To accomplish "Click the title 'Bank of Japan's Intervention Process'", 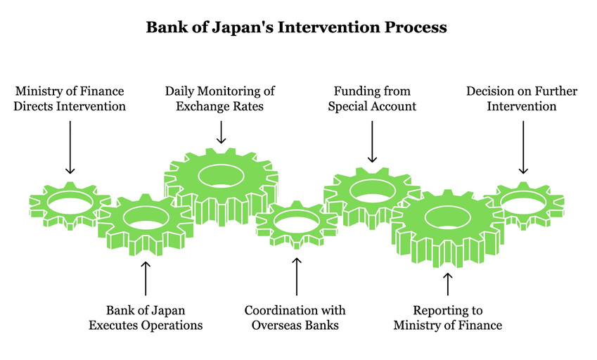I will coord(296,28).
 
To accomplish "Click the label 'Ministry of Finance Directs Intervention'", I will coord(70,99).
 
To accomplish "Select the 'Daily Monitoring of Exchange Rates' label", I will coord(220,99).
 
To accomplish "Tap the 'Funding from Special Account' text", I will coord(372,99).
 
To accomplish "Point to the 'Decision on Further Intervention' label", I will coord(522,99).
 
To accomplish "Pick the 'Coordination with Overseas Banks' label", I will coord(295,317).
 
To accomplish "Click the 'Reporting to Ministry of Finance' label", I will coord(448,317).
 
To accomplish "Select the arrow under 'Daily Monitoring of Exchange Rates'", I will coord(221,131).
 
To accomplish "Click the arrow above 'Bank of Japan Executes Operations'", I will coord(146,278).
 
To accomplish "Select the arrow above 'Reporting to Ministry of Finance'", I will coord(448,283).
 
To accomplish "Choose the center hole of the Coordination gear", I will coord(296,223).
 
